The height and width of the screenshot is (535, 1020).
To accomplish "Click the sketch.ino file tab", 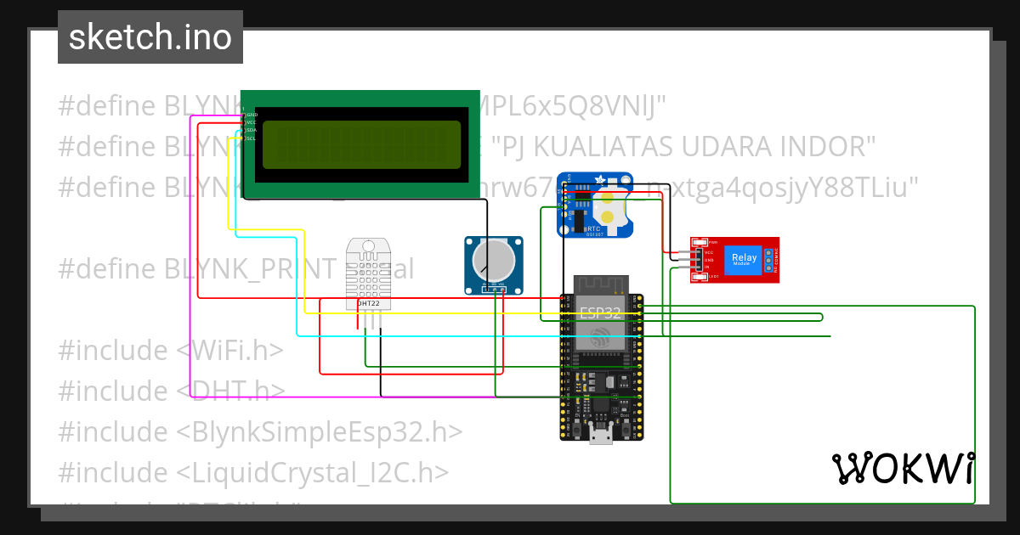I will (x=150, y=37).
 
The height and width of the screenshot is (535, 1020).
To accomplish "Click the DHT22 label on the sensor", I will (x=368, y=303).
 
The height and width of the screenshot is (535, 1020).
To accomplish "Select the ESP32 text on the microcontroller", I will (x=601, y=312).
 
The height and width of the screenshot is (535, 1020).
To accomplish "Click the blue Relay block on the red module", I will (x=744, y=258).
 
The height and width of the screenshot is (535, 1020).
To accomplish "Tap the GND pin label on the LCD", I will (x=252, y=114).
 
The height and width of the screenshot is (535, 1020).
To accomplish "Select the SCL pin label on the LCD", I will (x=252, y=138).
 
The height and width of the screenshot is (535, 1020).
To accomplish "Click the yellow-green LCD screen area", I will (x=361, y=144).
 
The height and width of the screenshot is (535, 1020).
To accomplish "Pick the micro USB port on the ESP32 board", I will (x=601, y=436).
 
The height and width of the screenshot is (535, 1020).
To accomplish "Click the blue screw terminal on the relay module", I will (x=768, y=259).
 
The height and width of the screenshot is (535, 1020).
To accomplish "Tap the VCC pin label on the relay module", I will (x=708, y=252).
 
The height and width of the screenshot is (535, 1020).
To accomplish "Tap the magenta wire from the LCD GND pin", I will (x=191, y=255).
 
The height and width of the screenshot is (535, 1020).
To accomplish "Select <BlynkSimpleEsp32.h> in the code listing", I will (x=320, y=431).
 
